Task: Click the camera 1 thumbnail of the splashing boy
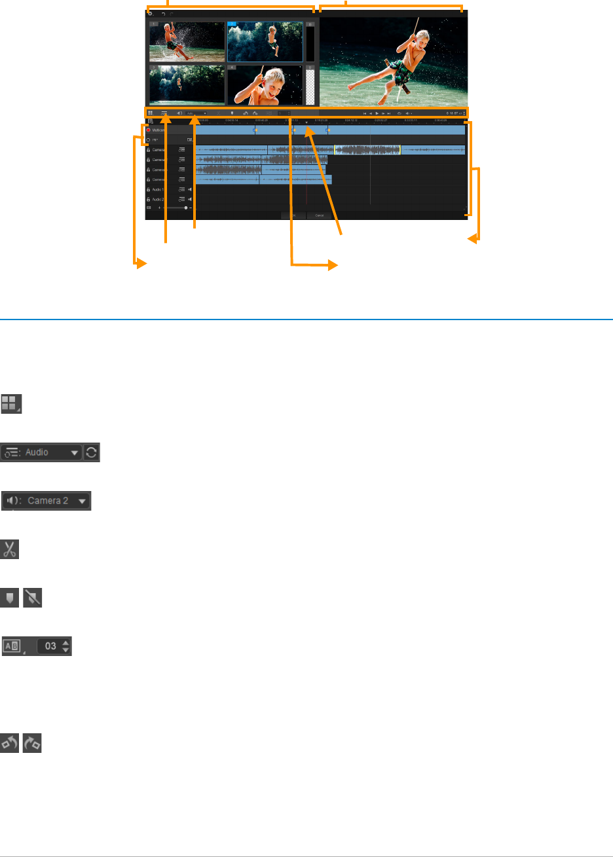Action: [x=187, y=42]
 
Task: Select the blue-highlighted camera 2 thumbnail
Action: [x=265, y=42]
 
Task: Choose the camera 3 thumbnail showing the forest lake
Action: [x=187, y=84]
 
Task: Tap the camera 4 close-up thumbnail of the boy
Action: [x=265, y=84]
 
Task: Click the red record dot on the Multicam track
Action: [x=149, y=130]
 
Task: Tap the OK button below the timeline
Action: [x=293, y=215]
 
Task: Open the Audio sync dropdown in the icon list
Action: [x=43, y=452]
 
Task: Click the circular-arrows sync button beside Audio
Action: [x=92, y=452]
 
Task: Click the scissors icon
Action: [x=10, y=549]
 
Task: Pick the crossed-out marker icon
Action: [x=32, y=598]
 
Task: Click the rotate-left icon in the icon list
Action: [x=10, y=742]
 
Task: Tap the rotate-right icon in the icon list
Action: [x=32, y=742]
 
